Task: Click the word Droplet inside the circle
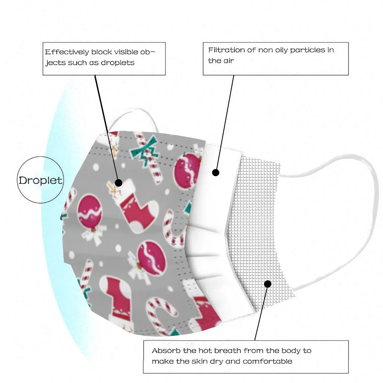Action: (41, 180)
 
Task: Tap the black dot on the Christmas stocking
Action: (119, 183)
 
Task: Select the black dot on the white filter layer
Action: (215, 172)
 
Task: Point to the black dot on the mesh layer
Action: (267, 284)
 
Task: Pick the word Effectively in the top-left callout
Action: (67, 52)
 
